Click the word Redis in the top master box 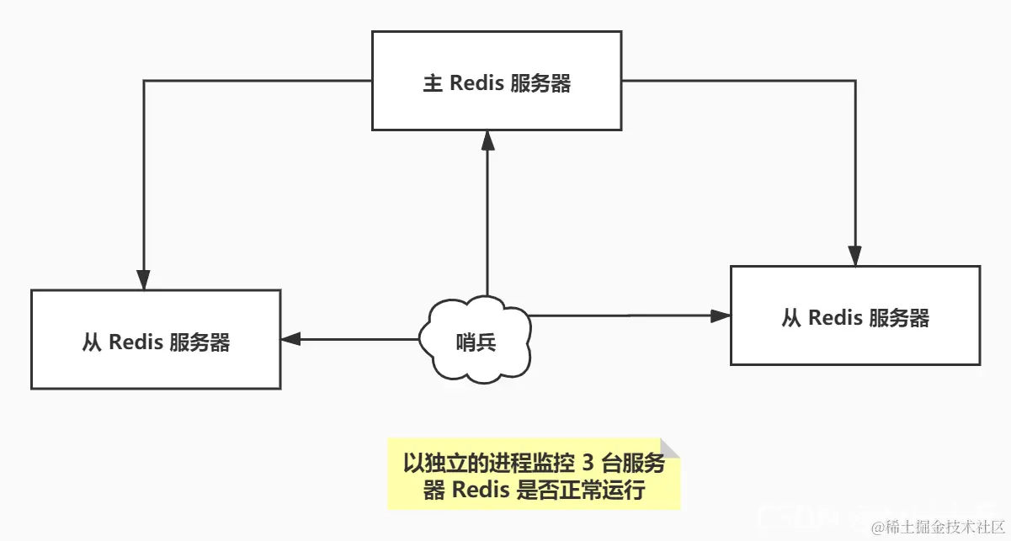pos(476,83)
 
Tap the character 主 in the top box pos(433,83)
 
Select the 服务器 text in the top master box pos(540,83)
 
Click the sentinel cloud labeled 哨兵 pos(476,341)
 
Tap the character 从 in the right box pos(791,318)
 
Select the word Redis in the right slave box pos(835,318)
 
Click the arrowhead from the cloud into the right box pos(720,316)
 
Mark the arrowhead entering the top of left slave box pos(144,279)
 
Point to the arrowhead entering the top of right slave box pos(855,256)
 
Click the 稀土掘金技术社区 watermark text pos(938,527)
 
